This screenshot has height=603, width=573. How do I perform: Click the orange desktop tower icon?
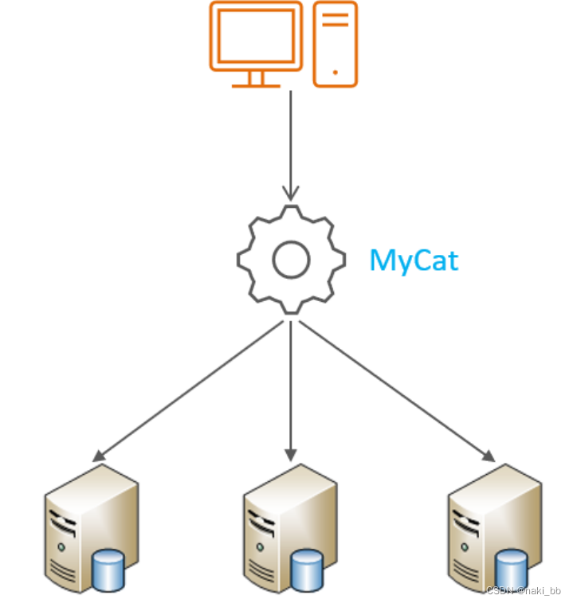click(335, 44)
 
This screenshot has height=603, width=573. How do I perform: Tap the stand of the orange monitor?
click(256, 80)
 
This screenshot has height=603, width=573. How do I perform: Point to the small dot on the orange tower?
click(335, 72)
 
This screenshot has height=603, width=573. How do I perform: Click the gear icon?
click(291, 259)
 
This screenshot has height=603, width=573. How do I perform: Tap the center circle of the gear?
click(291, 260)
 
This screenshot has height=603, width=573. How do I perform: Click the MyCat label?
click(414, 260)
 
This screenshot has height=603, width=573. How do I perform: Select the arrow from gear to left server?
click(191, 390)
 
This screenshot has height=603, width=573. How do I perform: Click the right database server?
click(492, 530)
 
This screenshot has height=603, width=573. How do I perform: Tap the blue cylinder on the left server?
click(108, 570)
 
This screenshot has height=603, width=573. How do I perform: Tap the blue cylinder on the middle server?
click(307, 570)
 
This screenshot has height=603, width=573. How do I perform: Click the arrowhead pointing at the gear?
click(291, 194)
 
